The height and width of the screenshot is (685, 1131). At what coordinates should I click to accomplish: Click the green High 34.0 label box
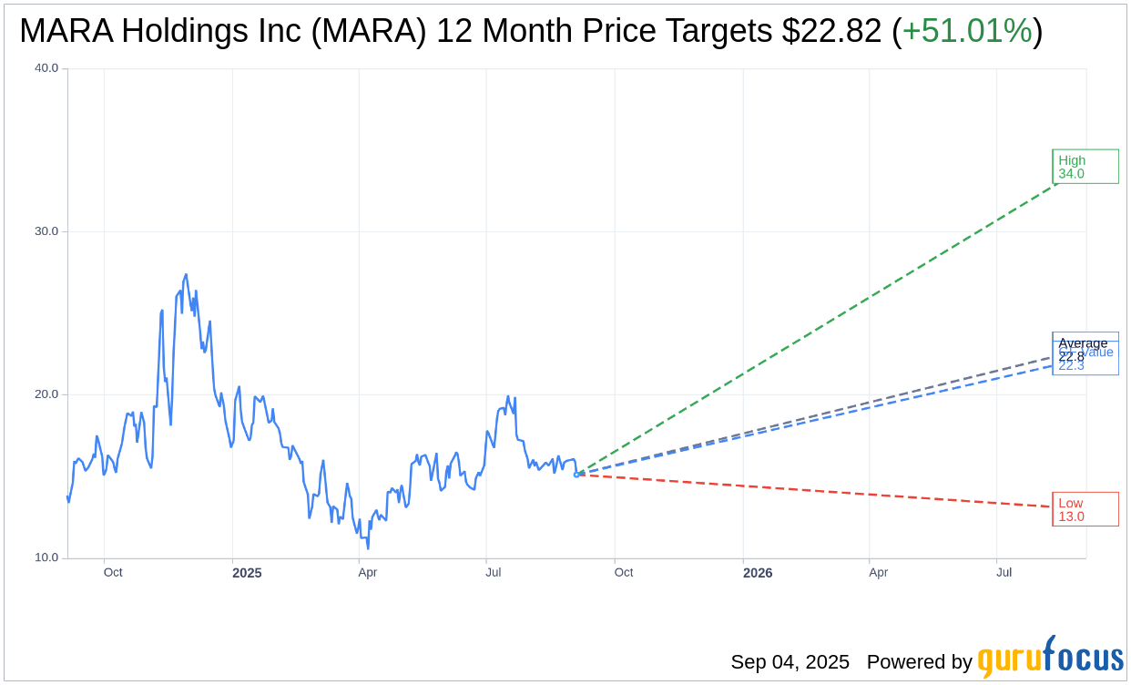[1085, 167]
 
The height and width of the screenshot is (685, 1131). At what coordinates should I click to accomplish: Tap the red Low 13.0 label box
[1085, 509]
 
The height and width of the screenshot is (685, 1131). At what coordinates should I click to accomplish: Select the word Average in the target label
[1083, 342]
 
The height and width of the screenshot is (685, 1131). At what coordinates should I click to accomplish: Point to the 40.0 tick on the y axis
[46, 68]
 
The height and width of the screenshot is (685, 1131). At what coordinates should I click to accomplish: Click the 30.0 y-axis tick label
[46, 231]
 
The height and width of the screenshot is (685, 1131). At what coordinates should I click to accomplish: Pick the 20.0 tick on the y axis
[46, 394]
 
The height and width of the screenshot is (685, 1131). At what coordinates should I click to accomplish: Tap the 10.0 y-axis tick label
[46, 557]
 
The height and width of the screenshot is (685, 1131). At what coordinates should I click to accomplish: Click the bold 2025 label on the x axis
[247, 573]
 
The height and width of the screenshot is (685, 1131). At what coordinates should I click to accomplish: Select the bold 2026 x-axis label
[758, 573]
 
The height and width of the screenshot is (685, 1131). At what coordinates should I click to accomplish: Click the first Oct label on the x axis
[113, 572]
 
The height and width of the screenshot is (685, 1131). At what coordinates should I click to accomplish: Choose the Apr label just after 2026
[878, 572]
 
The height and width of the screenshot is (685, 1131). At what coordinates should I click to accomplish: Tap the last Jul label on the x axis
[1004, 572]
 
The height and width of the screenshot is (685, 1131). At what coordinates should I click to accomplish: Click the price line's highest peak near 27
[186, 275]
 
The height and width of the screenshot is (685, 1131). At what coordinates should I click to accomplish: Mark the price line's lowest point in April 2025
[368, 547]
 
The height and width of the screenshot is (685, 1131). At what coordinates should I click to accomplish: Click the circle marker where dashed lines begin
[576, 475]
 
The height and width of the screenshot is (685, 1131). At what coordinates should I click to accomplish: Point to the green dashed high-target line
[820, 328]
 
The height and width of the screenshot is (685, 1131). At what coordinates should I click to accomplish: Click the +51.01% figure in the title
[967, 32]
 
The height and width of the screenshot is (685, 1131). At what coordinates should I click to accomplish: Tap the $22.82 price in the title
[831, 32]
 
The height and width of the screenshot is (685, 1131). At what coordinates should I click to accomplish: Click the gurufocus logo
[1050, 658]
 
